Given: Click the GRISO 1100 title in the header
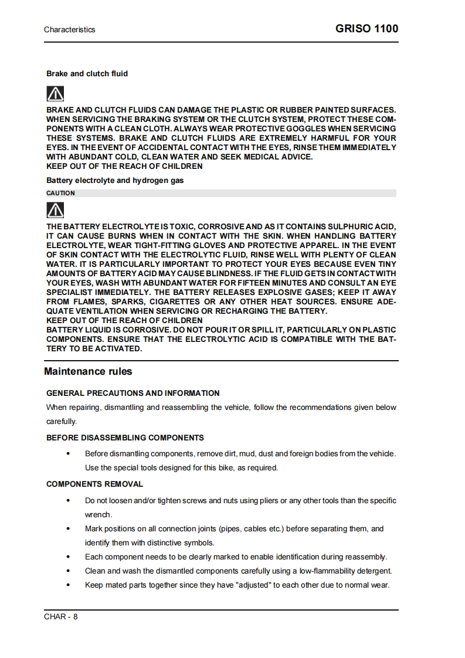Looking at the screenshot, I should [367, 29].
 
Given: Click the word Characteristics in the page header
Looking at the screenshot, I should [69, 29].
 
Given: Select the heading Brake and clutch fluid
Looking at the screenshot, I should [87, 74].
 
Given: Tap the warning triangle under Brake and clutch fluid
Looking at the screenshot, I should [55, 93].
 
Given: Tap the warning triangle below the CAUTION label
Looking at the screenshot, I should [55, 210].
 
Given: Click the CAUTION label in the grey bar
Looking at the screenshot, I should [60, 193].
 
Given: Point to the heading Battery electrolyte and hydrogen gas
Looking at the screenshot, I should [115, 181].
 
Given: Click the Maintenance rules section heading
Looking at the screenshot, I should [89, 371].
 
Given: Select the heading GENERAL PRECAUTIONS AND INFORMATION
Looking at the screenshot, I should [133, 393].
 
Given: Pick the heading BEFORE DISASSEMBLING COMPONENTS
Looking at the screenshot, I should [125, 437].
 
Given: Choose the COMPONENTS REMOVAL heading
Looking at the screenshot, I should [94, 484].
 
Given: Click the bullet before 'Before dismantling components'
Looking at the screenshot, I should [69, 454].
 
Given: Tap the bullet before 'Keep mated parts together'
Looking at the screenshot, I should [69, 585].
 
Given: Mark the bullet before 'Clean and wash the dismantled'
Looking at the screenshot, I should [69, 571].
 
